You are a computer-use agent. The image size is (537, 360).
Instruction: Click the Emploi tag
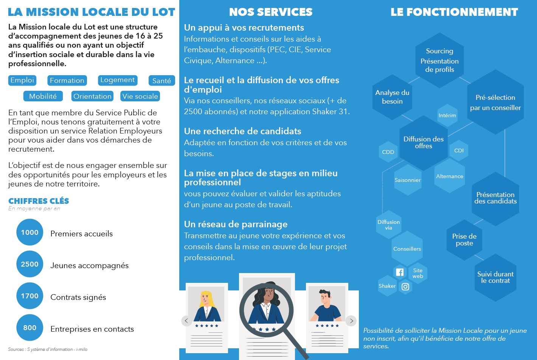click(x=22, y=80)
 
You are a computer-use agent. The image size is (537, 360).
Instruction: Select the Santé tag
click(x=162, y=81)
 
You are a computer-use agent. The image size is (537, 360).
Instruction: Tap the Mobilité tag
click(x=43, y=96)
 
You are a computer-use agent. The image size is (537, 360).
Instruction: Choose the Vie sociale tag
click(x=140, y=96)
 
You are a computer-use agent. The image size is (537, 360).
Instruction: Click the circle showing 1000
click(x=30, y=232)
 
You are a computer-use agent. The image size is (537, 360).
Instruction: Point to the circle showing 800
click(x=30, y=327)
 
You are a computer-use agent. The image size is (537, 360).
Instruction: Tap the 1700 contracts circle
click(x=30, y=296)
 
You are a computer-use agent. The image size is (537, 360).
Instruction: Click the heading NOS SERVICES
click(x=271, y=12)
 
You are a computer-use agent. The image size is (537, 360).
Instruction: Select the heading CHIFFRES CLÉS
click(x=39, y=201)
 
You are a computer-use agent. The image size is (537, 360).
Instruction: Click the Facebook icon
click(x=400, y=272)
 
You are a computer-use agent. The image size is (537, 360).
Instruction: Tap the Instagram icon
click(x=405, y=287)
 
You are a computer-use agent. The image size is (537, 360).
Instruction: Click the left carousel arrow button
click(x=186, y=321)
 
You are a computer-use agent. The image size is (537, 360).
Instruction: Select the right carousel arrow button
click(x=351, y=321)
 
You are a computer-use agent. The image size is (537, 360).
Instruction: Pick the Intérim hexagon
click(x=447, y=115)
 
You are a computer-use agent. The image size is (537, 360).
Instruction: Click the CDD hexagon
click(x=388, y=152)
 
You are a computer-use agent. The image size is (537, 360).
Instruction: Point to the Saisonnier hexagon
click(x=408, y=180)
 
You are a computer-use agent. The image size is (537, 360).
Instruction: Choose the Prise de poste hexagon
click(x=464, y=240)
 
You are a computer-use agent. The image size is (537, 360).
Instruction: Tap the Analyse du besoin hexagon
click(x=392, y=97)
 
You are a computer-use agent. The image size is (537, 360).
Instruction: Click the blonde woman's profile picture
click(x=206, y=304)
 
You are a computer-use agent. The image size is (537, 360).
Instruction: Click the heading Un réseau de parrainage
click(x=236, y=224)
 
